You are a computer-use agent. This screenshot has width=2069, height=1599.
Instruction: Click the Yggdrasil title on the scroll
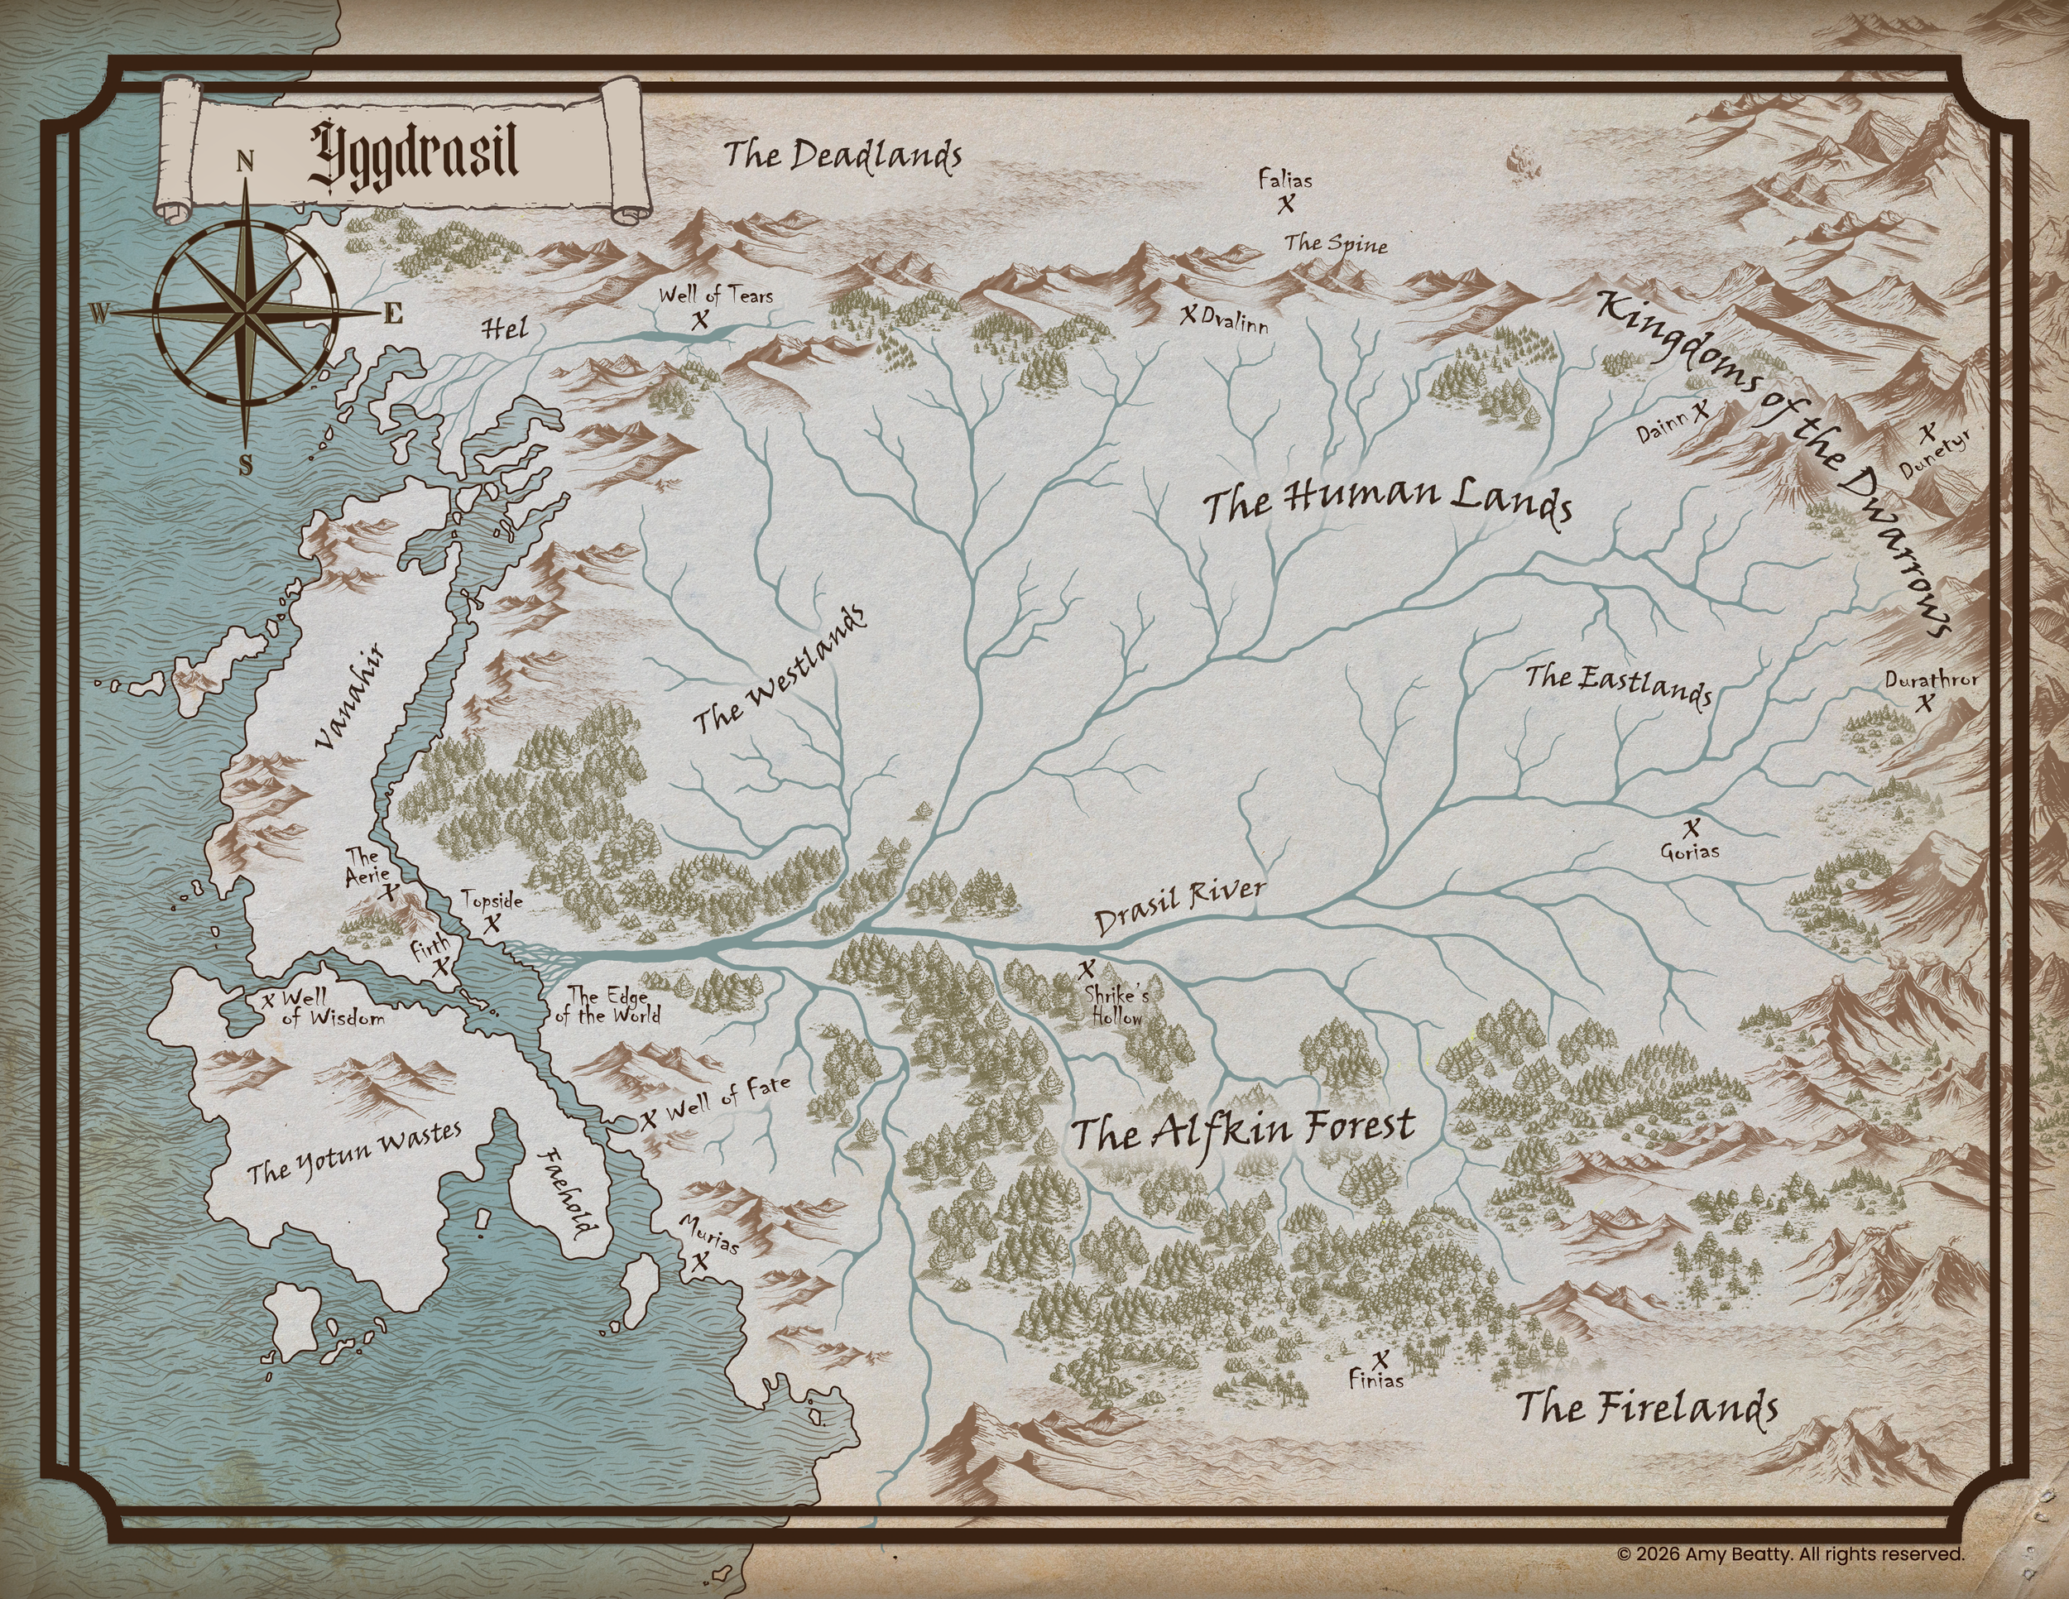[x=415, y=153]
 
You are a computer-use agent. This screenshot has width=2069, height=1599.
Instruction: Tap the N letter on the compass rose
[x=245, y=161]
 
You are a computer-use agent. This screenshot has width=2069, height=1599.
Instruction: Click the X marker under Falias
[x=1285, y=203]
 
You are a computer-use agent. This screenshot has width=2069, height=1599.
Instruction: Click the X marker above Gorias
[x=1692, y=827]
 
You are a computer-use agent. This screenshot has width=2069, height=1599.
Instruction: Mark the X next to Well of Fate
[x=648, y=1119]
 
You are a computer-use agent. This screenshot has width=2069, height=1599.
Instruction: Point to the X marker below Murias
[x=700, y=1262]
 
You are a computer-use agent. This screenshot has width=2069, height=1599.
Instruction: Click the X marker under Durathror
[x=1925, y=703]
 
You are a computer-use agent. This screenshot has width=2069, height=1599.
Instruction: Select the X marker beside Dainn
[x=1701, y=411]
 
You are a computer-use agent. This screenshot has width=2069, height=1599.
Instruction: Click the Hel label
[x=504, y=329]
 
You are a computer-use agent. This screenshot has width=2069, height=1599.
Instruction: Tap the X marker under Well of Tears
[x=699, y=320]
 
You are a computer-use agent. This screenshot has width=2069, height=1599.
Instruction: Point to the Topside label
[x=492, y=899]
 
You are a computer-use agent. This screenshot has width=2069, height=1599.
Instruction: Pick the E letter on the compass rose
[x=393, y=314]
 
